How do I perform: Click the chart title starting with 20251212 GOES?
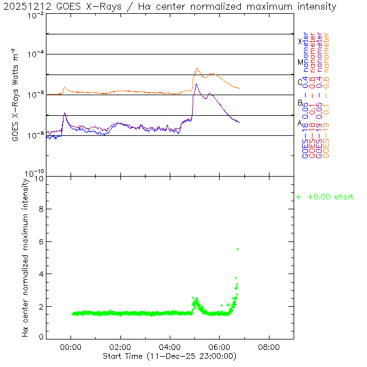point(170,6)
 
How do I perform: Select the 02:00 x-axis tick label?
point(120,347)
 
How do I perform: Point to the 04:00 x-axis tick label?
point(170,347)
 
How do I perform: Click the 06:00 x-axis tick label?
point(220,347)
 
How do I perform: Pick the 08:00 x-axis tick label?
point(269,347)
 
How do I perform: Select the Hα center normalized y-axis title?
point(25,256)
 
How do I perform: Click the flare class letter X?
point(299,41)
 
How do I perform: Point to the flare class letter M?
point(299,62)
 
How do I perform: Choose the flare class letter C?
point(299,82)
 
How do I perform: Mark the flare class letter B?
point(299,103)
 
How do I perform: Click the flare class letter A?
point(299,123)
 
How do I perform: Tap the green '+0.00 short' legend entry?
point(325,197)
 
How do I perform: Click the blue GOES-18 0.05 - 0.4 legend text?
point(306,95)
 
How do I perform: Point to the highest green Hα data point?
point(237,249)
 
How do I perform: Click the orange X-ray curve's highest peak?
point(197,68)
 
